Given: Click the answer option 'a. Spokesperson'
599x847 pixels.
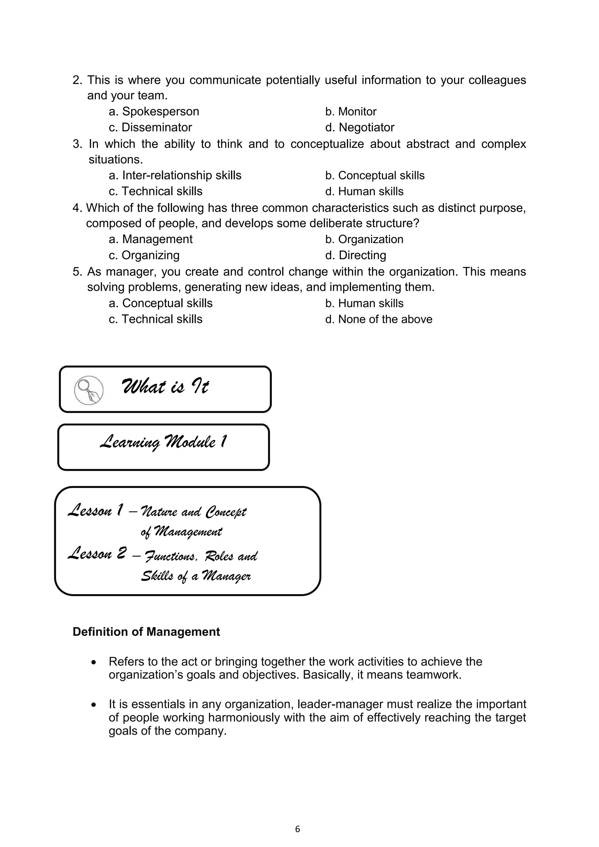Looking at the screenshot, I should (x=154, y=111).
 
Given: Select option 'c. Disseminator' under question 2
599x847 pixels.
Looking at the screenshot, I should (x=150, y=127).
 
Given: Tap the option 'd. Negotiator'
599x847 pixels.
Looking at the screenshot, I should (x=359, y=127).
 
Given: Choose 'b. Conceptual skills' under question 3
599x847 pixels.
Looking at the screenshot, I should (x=375, y=175).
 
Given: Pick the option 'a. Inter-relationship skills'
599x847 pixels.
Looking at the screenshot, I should (x=175, y=175).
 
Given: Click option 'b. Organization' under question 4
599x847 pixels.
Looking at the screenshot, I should (x=364, y=239).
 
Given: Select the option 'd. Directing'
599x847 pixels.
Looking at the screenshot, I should (x=355, y=255).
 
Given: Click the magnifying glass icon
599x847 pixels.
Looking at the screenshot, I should (x=89, y=390).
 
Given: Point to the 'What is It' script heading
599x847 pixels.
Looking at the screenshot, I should (x=165, y=387).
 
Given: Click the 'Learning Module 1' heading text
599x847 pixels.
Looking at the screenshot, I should (x=163, y=442).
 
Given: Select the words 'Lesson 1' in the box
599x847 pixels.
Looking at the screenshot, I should (x=96, y=511).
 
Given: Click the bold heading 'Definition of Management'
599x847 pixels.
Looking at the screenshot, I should (x=146, y=632).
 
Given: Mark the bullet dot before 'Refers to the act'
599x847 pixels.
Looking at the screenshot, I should (x=94, y=663).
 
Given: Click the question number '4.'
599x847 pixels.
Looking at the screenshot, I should (x=77, y=208).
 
